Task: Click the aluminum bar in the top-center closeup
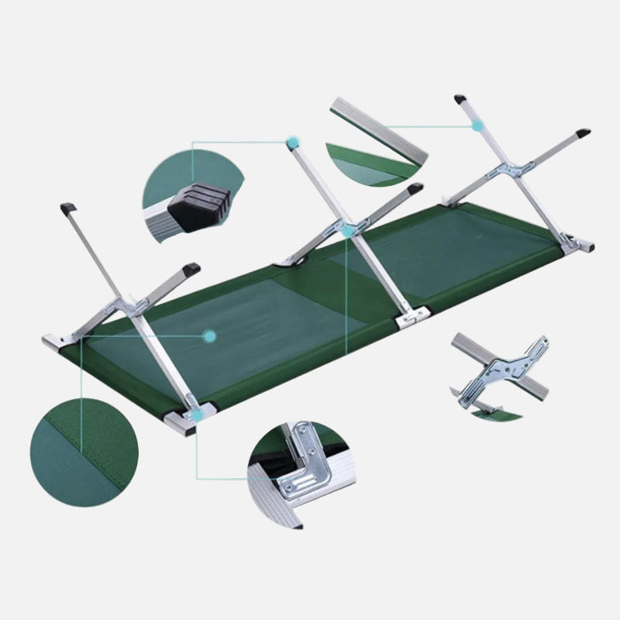(x=379, y=131)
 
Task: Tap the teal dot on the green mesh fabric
(x=208, y=336)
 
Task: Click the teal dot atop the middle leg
(x=292, y=143)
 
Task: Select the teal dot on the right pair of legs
(x=478, y=124)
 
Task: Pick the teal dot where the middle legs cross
(x=347, y=230)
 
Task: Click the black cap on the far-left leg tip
(x=67, y=208)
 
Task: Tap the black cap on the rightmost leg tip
(x=583, y=133)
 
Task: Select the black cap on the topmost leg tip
(x=461, y=98)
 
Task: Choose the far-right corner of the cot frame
(x=587, y=245)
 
